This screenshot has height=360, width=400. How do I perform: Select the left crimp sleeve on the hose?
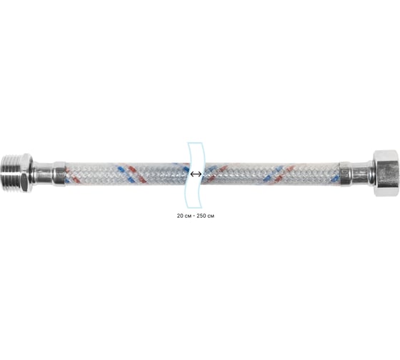click(x=60, y=174)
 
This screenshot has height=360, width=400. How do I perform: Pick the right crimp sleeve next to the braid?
click(x=346, y=174)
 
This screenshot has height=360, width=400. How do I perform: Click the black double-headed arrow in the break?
click(x=196, y=174)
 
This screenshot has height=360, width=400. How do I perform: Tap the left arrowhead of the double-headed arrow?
click(x=192, y=174)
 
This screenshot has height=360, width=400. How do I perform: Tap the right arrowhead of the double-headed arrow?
click(x=200, y=174)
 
